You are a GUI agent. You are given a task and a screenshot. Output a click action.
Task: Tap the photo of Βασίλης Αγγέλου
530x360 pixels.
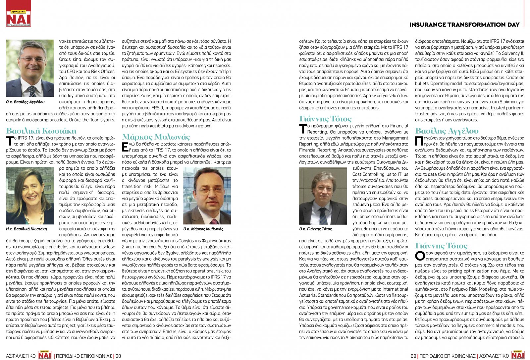pos(30,68)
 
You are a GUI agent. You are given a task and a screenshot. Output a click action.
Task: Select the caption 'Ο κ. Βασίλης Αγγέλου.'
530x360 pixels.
pos(26,102)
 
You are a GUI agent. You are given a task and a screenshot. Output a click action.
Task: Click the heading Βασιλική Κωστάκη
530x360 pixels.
pos(41,131)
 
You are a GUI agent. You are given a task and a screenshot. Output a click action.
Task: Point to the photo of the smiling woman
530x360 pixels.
pos(30,196)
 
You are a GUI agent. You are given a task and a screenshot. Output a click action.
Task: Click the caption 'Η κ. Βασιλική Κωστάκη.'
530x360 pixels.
pos(27,229)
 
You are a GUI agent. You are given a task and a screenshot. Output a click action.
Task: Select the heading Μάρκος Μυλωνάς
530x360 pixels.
pos(156,137)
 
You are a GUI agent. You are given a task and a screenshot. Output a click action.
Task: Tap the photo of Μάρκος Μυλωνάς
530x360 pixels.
pos(207,196)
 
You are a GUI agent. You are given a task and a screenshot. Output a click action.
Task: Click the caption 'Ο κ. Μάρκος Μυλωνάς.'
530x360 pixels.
pos(204,229)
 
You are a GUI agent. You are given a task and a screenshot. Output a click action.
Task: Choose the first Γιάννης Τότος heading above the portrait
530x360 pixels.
pos(325,118)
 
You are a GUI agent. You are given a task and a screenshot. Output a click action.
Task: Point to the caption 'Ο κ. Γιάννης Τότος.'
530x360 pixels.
pos(316,229)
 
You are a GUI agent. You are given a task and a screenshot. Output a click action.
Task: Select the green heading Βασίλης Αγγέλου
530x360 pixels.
pos(447,131)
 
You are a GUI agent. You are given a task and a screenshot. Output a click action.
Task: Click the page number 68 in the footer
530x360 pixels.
pos(118,356)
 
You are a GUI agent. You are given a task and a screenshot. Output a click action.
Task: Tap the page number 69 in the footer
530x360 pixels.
pos(413,356)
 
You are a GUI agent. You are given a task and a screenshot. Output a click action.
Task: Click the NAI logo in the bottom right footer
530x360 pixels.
pos(518,355)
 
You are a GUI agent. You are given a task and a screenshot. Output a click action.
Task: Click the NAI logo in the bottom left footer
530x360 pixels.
pos(45,355)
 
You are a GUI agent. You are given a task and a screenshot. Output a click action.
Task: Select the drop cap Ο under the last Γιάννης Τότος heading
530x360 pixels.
pos(420,256)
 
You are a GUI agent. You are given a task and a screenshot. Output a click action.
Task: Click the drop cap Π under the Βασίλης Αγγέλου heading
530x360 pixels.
pos(419,141)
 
